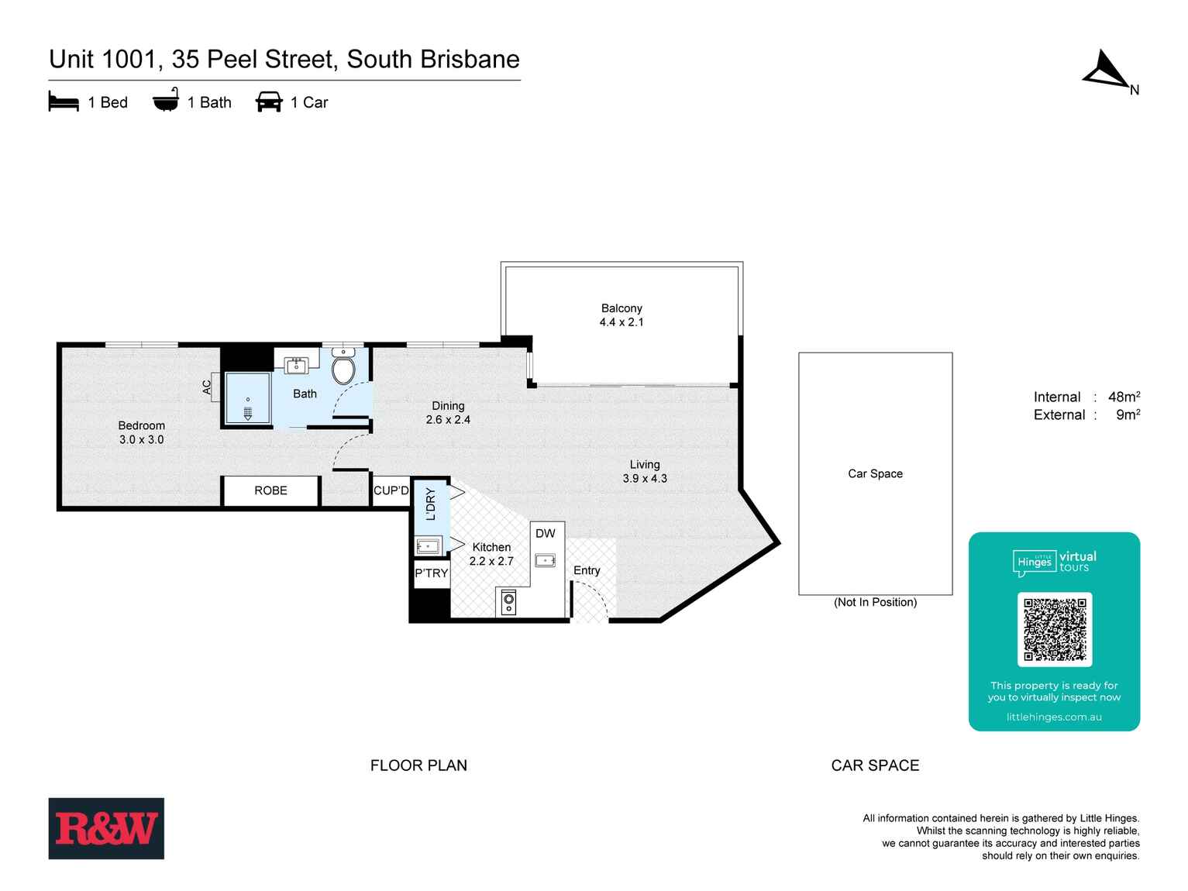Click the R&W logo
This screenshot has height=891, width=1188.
click(x=106, y=828)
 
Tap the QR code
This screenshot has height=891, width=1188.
click(x=1054, y=629)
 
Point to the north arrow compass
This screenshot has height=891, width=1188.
click(x=1107, y=71)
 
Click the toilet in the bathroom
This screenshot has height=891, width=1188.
click(x=343, y=368)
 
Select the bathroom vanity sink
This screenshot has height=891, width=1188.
click(x=297, y=366)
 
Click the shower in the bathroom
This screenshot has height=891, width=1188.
click(x=247, y=398)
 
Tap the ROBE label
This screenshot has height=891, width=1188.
click(x=270, y=490)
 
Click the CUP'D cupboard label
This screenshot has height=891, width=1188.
click(x=391, y=490)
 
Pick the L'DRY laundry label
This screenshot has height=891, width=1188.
click(x=431, y=504)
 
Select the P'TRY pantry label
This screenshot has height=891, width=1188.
click(x=431, y=573)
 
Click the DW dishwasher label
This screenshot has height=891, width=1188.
click(x=546, y=533)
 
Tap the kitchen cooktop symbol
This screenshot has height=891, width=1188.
click(x=508, y=602)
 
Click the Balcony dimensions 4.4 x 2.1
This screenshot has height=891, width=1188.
click(x=622, y=322)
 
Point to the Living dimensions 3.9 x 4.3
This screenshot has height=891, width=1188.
click(x=645, y=479)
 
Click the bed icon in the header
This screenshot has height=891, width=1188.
click(x=64, y=101)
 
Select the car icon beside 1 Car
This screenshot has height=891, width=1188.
click(x=269, y=101)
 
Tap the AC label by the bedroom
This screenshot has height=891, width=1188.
click(x=207, y=386)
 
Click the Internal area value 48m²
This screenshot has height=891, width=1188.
click(x=1124, y=397)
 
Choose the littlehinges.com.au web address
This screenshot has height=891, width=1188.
click(x=1054, y=717)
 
